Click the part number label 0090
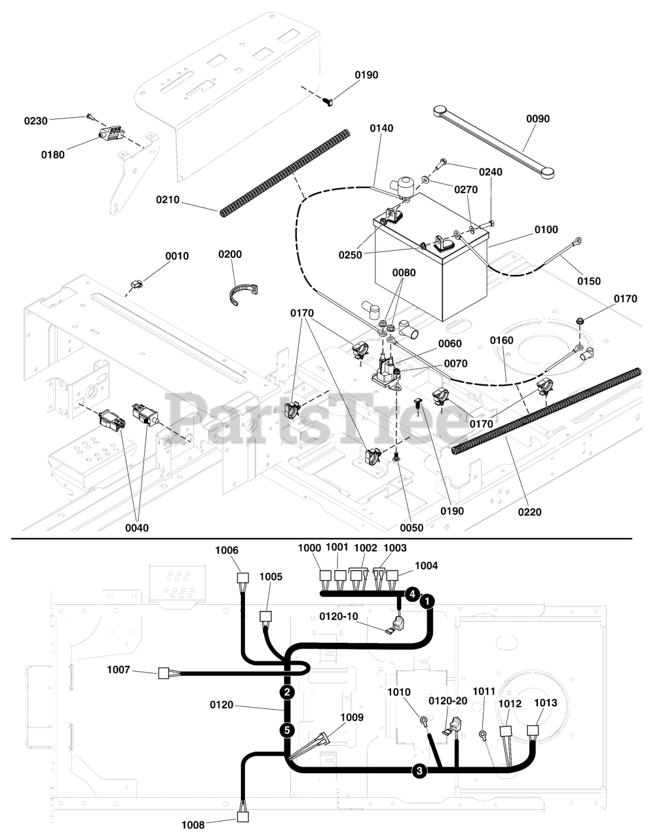[538, 119]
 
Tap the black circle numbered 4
[411, 594]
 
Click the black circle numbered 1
[427, 600]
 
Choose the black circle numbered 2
[286, 692]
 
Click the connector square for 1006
[242, 578]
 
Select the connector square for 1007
[164, 672]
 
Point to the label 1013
[545, 703]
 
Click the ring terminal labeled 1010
[425, 723]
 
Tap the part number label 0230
[36, 121]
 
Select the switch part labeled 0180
[111, 134]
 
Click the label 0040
[137, 528]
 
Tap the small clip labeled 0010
[137, 285]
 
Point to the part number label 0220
[529, 512]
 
